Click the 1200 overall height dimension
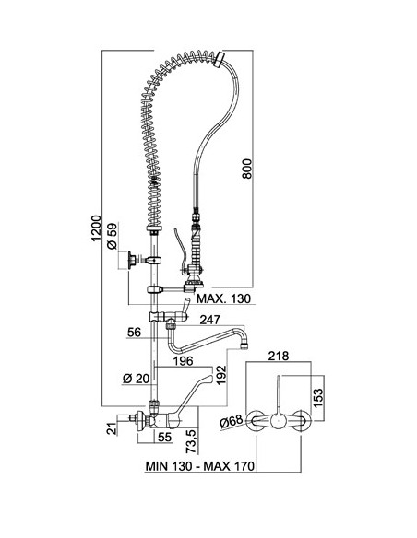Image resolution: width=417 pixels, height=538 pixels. click(x=97, y=228)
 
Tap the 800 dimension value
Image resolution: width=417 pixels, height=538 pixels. click(x=246, y=169)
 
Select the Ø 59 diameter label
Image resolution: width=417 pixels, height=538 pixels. click(x=113, y=236)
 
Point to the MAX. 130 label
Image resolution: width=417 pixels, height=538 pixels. click(x=223, y=298)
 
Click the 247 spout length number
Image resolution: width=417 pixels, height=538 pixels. click(x=209, y=320)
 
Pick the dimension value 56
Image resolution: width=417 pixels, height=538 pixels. click(x=135, y=333)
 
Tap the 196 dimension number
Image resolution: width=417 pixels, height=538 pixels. click(x=183, y=361)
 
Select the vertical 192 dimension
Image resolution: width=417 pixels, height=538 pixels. click(x=220, y=375)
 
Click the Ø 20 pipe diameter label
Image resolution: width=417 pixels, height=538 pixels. click(x=137, y=379)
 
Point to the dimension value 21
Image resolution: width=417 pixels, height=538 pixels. click(x=112, y=429)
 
